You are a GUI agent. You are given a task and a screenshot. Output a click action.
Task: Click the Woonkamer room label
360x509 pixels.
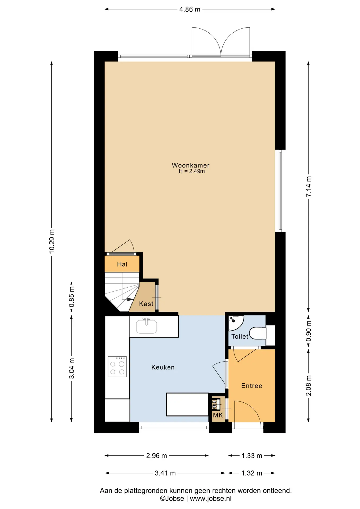point(191,165)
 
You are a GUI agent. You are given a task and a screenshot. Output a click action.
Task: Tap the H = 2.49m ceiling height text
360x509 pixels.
point(192,171)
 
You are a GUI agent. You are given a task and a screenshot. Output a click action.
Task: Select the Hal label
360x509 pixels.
point(122,264)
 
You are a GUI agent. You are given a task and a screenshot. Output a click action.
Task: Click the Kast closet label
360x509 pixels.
point(146,304)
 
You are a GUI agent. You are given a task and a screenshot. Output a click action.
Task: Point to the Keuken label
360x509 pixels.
point(163,367)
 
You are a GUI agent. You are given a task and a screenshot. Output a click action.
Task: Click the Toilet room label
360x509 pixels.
point(240,336)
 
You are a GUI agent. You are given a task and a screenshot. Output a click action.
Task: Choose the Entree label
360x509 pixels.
point(252,386)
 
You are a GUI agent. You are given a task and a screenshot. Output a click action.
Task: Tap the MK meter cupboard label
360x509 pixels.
point(218,415)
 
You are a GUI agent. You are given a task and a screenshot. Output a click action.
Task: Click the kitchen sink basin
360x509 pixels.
point(146,326)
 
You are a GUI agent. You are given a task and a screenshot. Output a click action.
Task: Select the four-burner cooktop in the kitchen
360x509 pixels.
point(117,367)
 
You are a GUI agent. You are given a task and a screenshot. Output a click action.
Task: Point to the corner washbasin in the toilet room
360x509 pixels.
point(235,322)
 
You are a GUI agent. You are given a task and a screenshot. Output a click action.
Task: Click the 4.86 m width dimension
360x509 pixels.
point(190,9)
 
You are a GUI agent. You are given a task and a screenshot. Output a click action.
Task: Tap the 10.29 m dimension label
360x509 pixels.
point(52,241)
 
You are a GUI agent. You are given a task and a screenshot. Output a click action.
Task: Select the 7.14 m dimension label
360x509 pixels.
point(309,186)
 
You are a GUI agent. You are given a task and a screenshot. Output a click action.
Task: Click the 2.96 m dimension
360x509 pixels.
point(156,455)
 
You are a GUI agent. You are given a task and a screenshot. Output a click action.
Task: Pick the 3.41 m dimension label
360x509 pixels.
point(165,473)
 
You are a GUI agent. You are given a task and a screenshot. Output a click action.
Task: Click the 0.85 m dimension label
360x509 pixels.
point(72,297)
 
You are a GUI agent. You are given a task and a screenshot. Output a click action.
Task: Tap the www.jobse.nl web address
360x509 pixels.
point(210,498)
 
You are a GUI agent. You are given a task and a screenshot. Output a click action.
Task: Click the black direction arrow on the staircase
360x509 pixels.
point(130,299)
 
